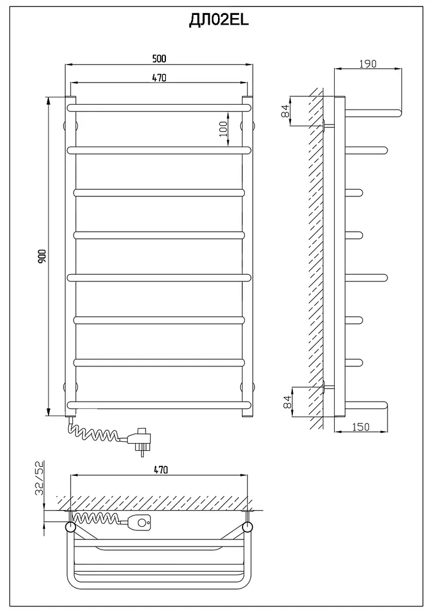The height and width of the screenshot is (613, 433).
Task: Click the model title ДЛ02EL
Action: click(x=219, y=21)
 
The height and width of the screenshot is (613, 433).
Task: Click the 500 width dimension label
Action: click(x=159, y=59)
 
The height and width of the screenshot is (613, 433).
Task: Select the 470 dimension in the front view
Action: click(x=159, y=78)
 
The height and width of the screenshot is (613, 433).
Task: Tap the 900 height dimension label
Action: click(x=43, y=256)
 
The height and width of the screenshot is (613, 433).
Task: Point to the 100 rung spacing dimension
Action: click(x=223, y=128)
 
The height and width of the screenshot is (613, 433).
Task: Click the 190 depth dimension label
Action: click(x=368, y=63)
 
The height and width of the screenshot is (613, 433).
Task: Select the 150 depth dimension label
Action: click(x=361, y=426)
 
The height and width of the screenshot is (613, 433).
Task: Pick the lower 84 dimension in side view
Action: click(x=287, y=402)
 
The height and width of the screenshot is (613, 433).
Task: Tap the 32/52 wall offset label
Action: click(x=40, y=478)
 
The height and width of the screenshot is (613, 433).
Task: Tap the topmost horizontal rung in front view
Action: click(x=159, y=108)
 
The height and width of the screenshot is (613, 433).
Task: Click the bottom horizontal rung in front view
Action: click(x=159, y=405)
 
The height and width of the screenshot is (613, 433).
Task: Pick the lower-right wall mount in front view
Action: click(x=248, y=387)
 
